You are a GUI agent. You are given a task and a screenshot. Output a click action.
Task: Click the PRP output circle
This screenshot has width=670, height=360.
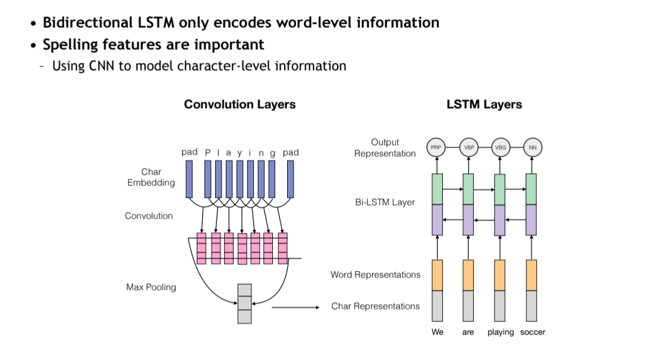click(437, 147)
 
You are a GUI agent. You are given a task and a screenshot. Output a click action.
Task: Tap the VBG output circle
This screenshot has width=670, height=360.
click(500, 147)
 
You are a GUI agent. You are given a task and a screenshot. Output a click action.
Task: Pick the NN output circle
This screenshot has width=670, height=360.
click(531, 147)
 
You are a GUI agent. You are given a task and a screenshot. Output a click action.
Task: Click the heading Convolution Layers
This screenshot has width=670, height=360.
click(240, 105)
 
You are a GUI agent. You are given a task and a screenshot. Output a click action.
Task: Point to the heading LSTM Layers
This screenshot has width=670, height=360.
click(484, 105)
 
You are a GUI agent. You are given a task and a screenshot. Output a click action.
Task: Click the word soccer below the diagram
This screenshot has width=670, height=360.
click(532, 332)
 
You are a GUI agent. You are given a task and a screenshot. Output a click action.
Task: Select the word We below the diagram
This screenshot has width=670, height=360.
click(437, 332)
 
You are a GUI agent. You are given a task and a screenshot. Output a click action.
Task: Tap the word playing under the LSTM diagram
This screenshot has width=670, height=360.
click(500, 332)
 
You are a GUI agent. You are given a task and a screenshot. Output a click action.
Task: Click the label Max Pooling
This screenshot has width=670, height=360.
click(151, 288)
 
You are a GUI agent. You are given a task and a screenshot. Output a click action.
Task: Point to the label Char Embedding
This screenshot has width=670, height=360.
click(151, 177)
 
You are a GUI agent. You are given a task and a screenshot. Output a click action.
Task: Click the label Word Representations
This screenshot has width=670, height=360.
click(375, 275)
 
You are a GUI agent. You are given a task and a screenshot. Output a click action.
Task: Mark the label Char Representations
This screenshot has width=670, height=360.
click(375, 307)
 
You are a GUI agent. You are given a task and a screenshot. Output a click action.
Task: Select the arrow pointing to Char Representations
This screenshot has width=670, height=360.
click(295, 307)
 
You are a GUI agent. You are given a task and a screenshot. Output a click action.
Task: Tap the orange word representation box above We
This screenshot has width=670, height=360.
click(437, 275)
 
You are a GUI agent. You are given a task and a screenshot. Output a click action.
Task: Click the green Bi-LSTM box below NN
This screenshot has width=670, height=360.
click(531, 189)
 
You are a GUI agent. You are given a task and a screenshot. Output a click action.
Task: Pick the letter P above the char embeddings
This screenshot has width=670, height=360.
click(207, 153)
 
